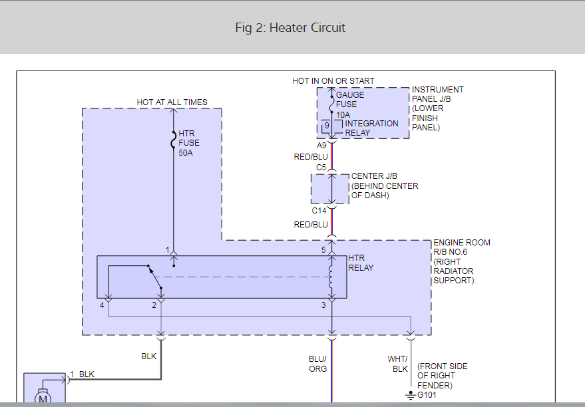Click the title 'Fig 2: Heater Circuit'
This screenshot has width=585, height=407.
tap(290, 28)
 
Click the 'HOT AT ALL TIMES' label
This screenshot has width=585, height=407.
tap(172, 102)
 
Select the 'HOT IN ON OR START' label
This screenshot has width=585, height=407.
tap(333, 81)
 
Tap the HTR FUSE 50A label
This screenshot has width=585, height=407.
tap(189, 143)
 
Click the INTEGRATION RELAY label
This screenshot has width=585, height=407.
tap(371, 128)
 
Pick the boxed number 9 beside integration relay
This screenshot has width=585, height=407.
tap(327, 125)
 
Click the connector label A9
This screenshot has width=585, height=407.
tap(321, 146)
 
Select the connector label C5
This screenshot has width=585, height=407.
tap(321, 168)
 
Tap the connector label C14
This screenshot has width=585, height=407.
tap(319, 211)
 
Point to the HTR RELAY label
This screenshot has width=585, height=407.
tap(361, 263)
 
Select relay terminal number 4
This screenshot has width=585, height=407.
tap(102, 305)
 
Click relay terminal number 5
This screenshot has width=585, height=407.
tap(323, 250)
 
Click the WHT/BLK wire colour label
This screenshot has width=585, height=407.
tap(398, 364)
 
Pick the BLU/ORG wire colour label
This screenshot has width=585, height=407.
tap(318, 364)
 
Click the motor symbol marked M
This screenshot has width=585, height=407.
tap(44, 398)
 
